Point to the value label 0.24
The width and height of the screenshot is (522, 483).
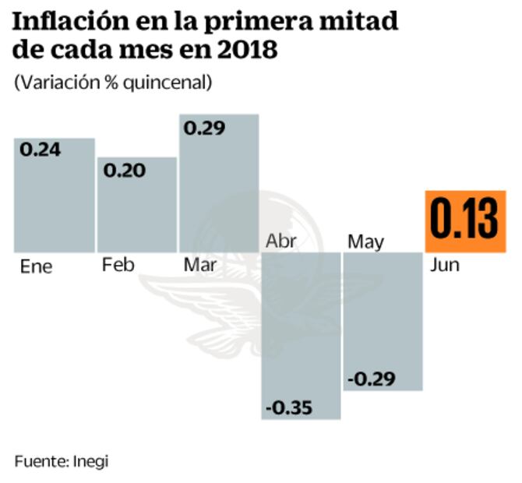(41, 150)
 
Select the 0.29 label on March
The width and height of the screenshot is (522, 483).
(204, 128)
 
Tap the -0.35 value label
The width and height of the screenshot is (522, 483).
(288, 407)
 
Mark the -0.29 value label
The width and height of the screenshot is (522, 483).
(372, 379)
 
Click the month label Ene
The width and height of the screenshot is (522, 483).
(36, 266)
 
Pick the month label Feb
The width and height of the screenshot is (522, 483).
(118, 265)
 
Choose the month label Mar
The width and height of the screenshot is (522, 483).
(201, 265)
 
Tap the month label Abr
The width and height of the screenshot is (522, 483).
(281, 240)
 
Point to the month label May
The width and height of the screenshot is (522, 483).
(365, 241)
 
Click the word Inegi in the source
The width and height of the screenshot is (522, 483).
(90, 460)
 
